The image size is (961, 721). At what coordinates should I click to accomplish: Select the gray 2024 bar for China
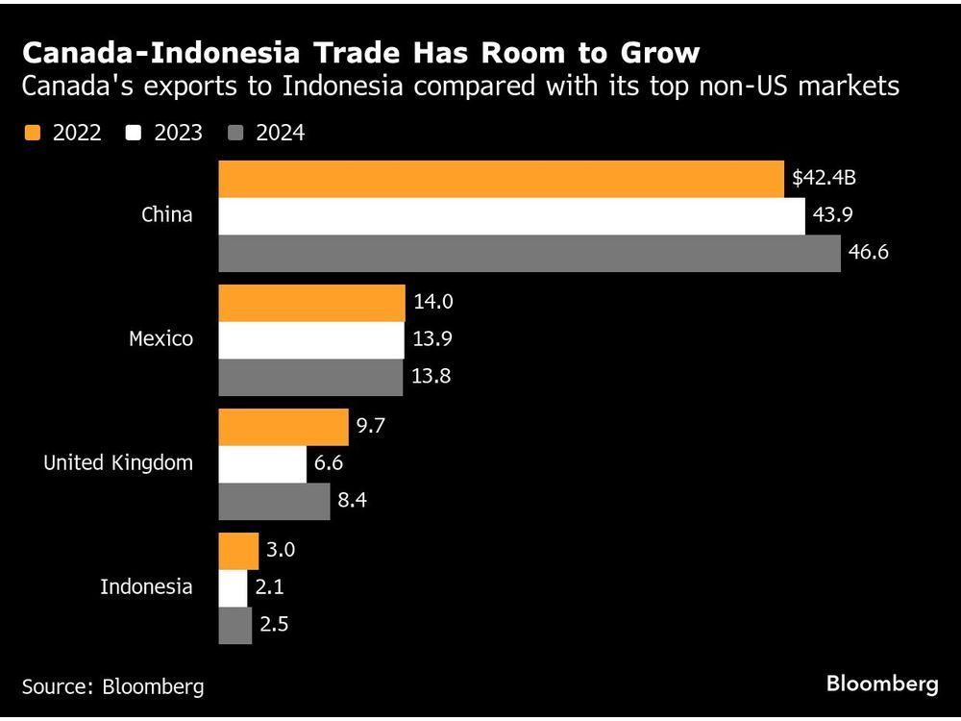tap(530, 254)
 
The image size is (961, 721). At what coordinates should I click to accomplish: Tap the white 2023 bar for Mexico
tap(311, 339)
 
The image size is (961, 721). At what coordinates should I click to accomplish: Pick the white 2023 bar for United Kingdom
tap(262, 464)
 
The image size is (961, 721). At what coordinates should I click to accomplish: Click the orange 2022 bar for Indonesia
tap(238, 551)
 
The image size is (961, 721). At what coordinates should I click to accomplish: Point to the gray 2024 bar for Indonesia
tap(234, 625)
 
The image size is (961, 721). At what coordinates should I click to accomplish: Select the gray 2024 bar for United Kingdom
tap(274, 501)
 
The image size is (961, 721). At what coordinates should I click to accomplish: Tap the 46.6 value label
tap(868, 254)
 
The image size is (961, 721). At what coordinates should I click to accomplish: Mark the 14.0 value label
tap(432, 303)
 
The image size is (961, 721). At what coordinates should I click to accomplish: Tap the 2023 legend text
tap(178, 133)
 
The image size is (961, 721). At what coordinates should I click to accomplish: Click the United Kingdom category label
tap(117, 462)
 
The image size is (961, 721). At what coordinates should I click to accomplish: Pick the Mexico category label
tap(160, 338)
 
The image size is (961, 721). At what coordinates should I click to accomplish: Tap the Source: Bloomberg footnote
tap(112, 686)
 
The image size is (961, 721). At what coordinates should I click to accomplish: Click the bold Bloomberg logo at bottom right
tap(881, 684)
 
